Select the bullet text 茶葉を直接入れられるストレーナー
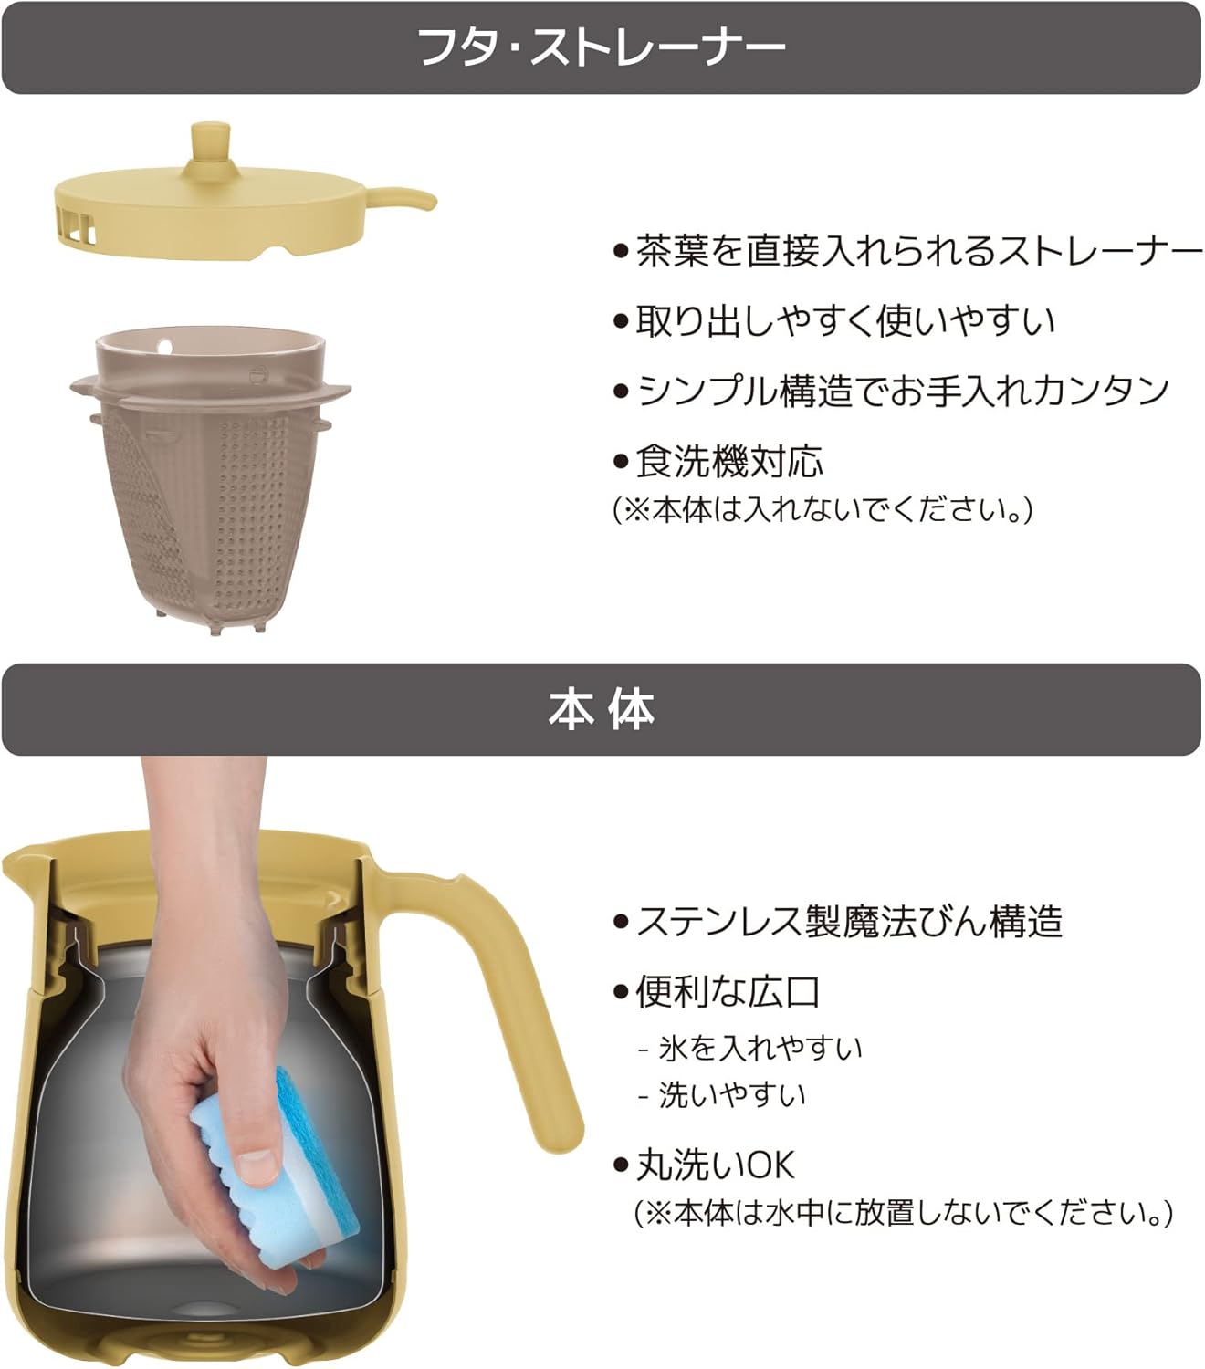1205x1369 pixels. click(x=917, y=251)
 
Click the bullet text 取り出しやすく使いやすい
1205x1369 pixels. click(x=844, y=320)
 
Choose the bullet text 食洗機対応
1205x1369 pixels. click(x=728, y=461)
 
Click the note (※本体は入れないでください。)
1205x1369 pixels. click(x=822, y=509)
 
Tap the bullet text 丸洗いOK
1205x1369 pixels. click(x=715, y=1165)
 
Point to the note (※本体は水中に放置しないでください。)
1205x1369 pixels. click(x=904, y=1214)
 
